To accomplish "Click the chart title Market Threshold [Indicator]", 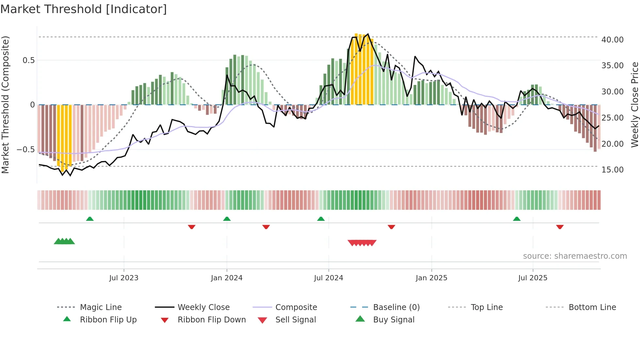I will (84, 9).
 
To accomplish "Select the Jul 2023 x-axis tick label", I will (124, 278).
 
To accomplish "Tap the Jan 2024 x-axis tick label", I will (227, 278).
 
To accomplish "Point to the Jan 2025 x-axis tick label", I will (431, 278).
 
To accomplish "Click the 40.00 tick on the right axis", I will (612, 40).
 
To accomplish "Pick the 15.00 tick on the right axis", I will (612, 170).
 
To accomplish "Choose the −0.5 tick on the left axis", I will (25, 150).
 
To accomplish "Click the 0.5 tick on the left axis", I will (28, 60).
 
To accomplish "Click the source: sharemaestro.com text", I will (575, 256).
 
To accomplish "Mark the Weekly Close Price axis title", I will (634, 105).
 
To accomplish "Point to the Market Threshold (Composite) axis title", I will (5, 105).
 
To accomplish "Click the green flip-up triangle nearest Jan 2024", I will (227, 219).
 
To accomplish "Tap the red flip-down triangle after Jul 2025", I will (560, 227).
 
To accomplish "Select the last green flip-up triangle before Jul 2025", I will (517, 219).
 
